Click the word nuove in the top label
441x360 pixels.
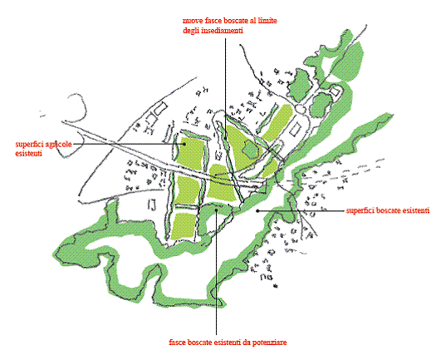pos(191,21)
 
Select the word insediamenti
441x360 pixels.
pos(223,31)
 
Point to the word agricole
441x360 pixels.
pos(58,145)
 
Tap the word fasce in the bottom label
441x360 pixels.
pos(177,343)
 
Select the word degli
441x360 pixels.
pos(191,31)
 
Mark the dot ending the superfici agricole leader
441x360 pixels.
pos(184,144)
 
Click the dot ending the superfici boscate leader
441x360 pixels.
pos(257,210)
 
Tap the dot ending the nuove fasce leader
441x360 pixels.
pos(226,138)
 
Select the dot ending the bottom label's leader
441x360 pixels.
pos(216,210)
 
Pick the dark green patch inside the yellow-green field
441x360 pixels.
pos(250,149)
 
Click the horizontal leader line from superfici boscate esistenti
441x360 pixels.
pos(301,210)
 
